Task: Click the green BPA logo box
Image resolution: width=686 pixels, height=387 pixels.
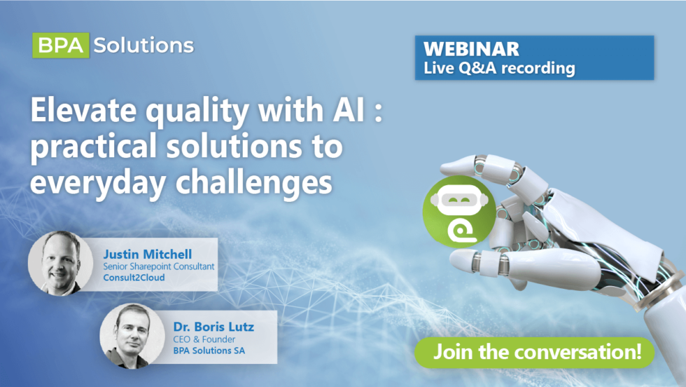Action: point(61,46)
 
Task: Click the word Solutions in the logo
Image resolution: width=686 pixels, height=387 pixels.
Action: point(143,46)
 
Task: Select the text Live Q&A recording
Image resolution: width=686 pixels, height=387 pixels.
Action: point(499,68)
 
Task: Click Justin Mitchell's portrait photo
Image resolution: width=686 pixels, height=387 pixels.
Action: point(60,264)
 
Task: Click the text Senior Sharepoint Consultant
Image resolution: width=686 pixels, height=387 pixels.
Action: point(157,266)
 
